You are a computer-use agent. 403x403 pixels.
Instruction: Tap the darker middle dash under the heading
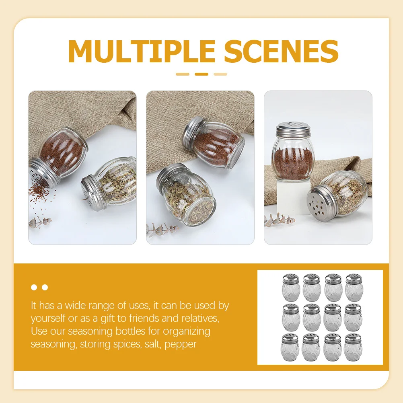point(201,74)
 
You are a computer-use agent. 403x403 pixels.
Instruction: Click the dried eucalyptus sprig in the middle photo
point(161,229)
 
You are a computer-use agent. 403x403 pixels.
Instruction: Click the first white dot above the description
point(34,288)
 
